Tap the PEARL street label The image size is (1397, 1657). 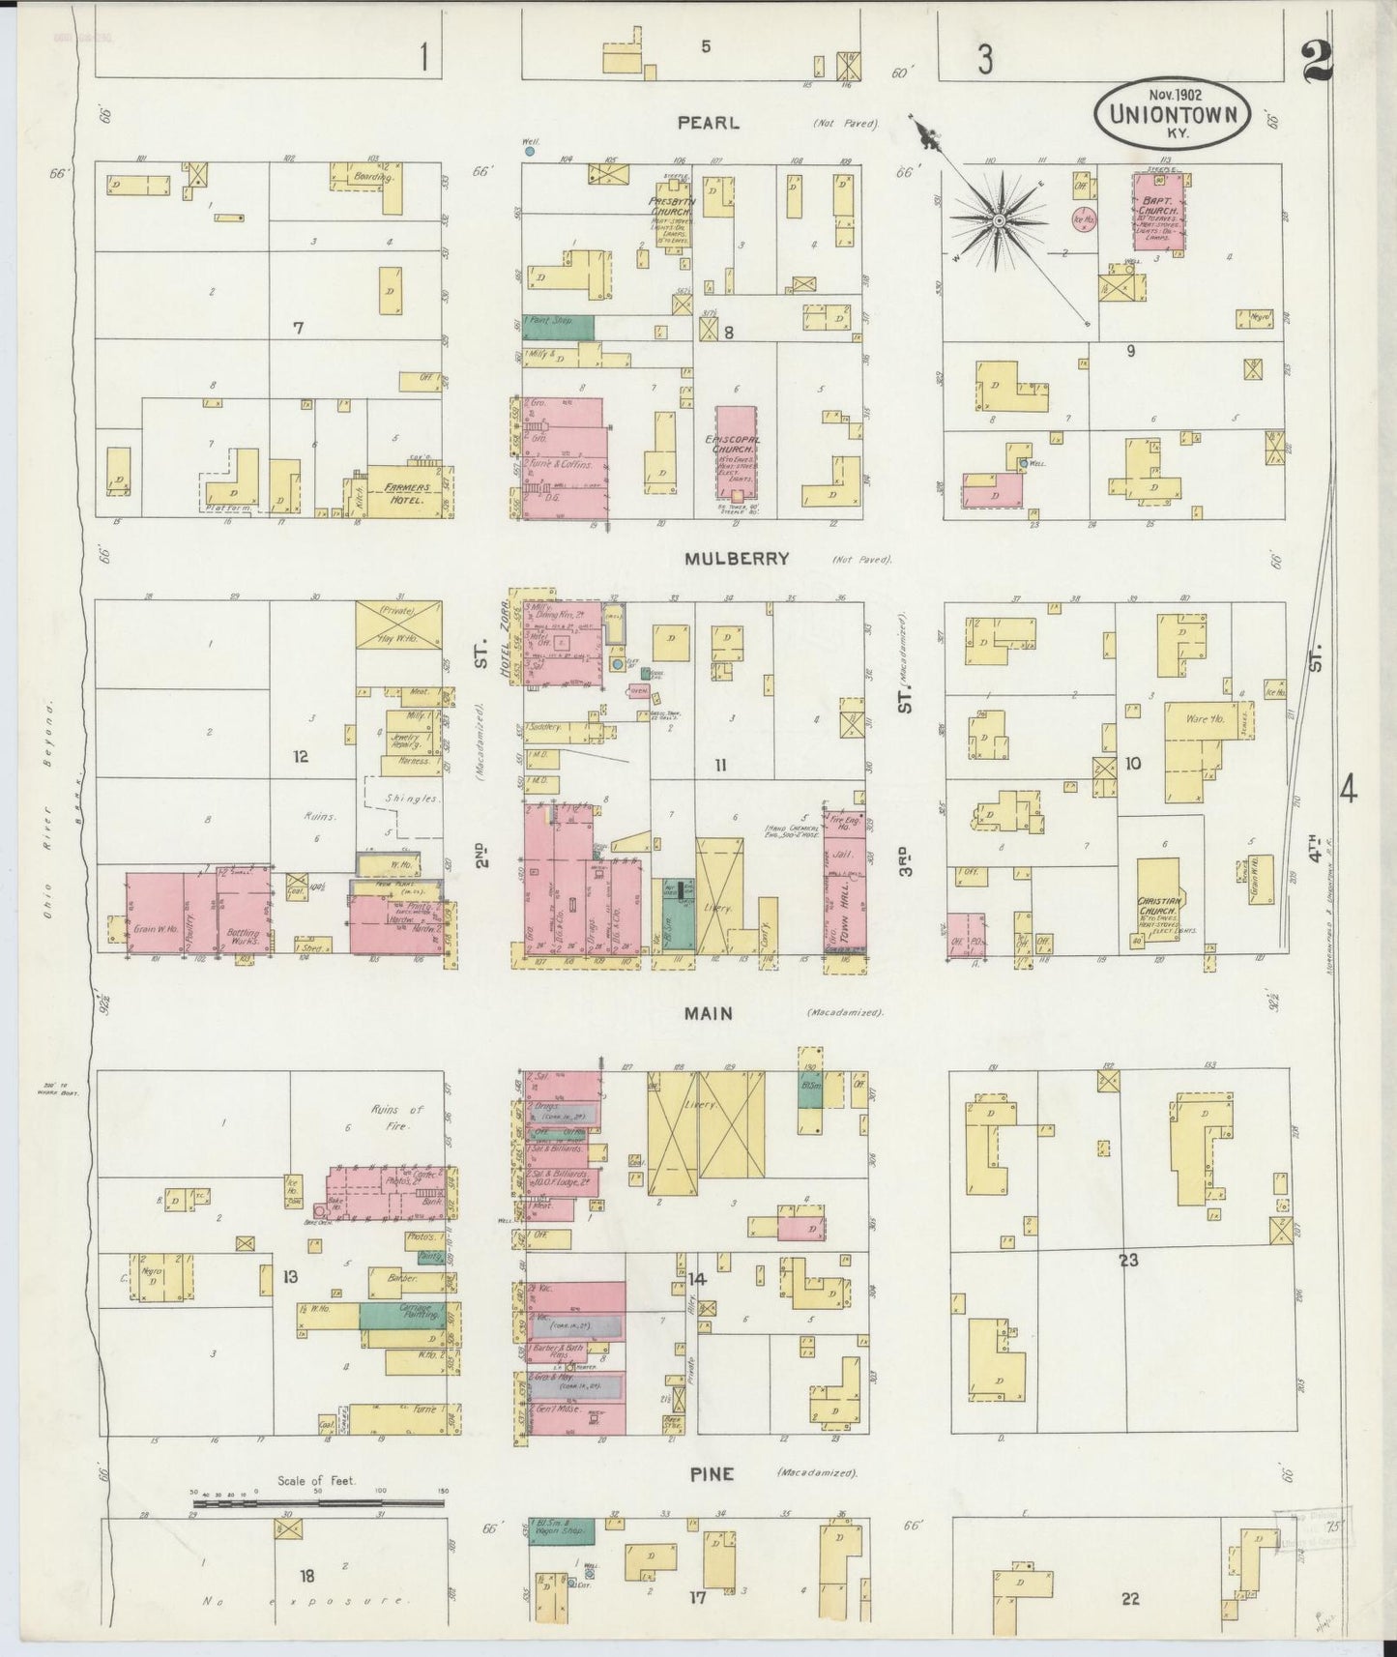pyautogui.click(x=708, y=123)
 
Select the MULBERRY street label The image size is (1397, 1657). pyautogui.click(x=737, y=559)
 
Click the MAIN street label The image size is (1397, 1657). pyautogui.click(x=709, y=1013)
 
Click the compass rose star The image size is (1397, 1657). pyautogui.click(x=999, y=222)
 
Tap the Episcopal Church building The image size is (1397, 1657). pyautogui.click(x=738, y=454)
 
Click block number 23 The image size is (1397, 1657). pyautogui.click(x=1128, y=1261)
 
